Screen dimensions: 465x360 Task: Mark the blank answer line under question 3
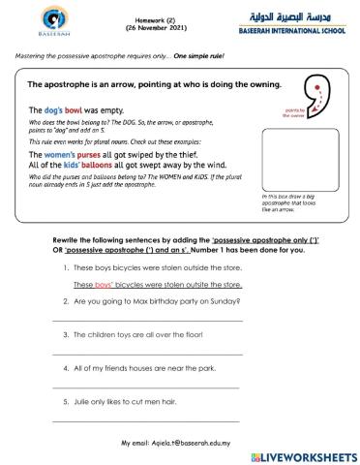tap(145, 355)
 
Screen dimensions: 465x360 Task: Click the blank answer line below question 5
tap(145, 420)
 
